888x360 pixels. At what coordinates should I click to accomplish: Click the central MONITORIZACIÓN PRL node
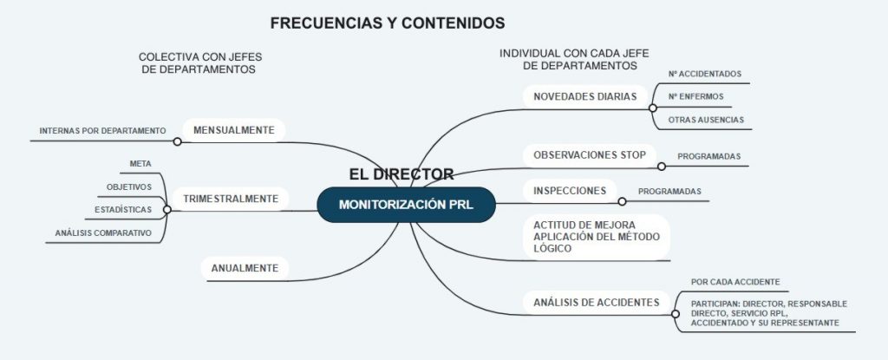coord(406,205)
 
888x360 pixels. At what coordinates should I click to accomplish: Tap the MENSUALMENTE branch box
coord(233,130)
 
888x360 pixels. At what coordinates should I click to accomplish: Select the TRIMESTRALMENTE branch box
coord(230,199)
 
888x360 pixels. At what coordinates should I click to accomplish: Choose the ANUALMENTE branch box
coord(244,268)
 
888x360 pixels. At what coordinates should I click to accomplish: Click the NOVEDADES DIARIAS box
coord(584,96)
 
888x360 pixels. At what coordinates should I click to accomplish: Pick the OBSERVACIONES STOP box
coord(589,155)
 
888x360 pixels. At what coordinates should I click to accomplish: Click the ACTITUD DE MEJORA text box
coord(589,236)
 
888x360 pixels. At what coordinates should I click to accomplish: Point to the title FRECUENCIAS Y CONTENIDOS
coord(387,23)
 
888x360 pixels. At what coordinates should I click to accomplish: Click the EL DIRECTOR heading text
coord(401,173)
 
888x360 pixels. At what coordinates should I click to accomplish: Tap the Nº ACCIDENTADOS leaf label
coord(704,75)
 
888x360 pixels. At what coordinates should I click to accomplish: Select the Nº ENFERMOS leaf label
coord(695,96)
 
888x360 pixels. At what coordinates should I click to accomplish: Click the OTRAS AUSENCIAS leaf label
coord(705,119)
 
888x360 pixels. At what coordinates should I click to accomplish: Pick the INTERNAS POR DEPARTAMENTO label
coord(102,131)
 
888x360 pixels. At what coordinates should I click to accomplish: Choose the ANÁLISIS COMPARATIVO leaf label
coord(103,233)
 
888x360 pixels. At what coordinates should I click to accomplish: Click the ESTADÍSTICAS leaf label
coord(124,210)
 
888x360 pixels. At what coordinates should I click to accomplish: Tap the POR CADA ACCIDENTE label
coord(735,282)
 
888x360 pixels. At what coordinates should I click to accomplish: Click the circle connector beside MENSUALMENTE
coord(178,141)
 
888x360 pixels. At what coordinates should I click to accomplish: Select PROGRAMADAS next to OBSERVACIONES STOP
coord(708,156)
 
